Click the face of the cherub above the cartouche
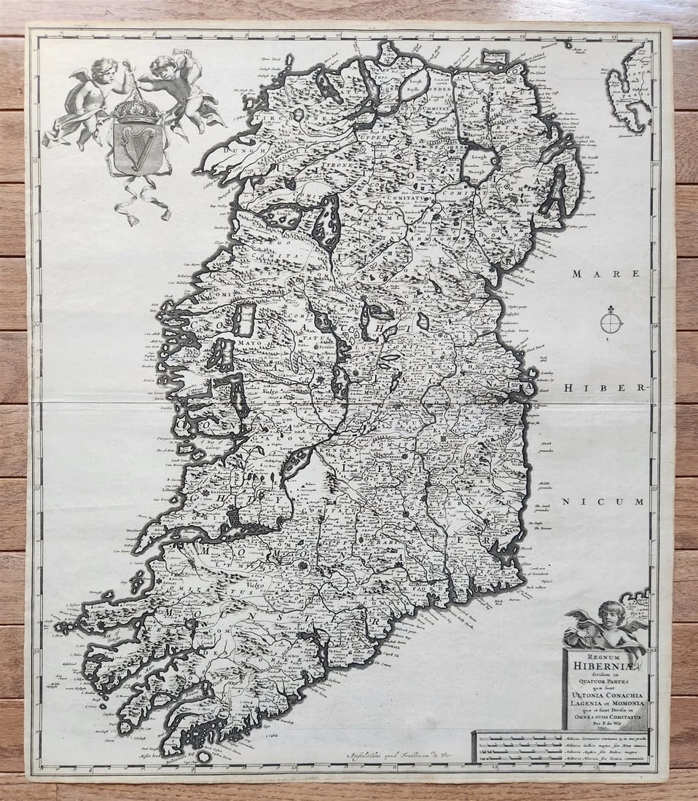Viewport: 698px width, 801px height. coord(613,612)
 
